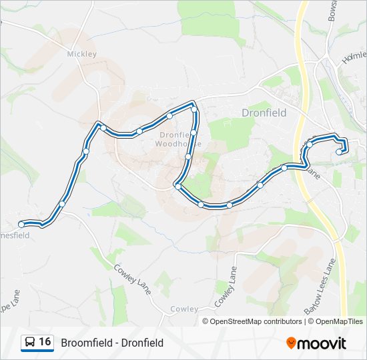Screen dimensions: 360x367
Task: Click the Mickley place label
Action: pos(81,54)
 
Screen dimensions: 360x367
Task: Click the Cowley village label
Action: pos(184,309)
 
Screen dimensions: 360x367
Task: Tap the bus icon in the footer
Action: pos(29,343)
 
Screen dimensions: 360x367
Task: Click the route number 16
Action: pos(45,343)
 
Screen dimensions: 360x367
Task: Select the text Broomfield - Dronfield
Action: pos(111,343)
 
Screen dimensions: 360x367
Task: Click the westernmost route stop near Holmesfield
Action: pos(21,224)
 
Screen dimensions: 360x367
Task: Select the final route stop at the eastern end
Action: pos(340,152)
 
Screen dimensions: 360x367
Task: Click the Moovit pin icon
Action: pos(291,343)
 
